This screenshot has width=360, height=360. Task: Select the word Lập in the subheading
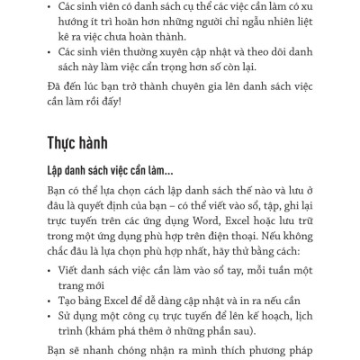pos(57,172)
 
